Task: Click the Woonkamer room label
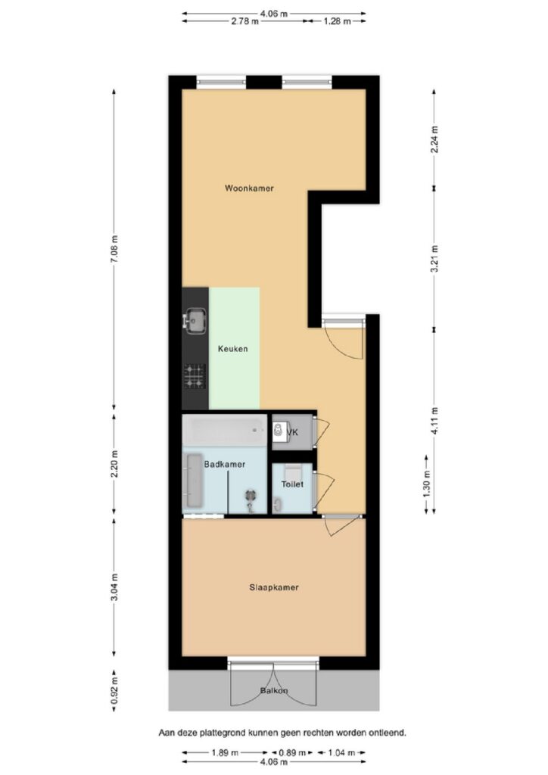pyautogui.click(x=249, y=188)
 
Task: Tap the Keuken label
pyautogui.click(x=232, y=349)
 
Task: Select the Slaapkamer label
pyautogui.click(x=274, y=587)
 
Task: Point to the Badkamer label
pyautogui.click(x=224, y=465)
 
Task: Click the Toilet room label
pyautogui.click(x=292, y=484)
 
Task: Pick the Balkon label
pyautogui.click(x=274, y=691)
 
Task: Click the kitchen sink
pyautogui.click(x=195, y=321)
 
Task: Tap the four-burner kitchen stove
pyautogui.click(x=195, y=377)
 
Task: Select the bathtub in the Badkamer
pyautogui.click(x=225, y=431)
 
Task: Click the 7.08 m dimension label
pyautogui.click(x=114, y=250)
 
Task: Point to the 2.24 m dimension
pyautogui.click(x=434, y=140)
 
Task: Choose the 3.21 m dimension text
pyautogui.click(x=434, y=259)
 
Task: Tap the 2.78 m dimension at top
pyautogui.click(x=244, y=21)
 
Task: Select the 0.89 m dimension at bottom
pyautogui.click(x=292, y=753)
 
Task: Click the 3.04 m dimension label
pyautogui.click(x=114, y=588)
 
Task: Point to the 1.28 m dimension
pyautogui.click(x=338, y=21)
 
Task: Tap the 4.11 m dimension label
pyautogui.click(x=434, y=421)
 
